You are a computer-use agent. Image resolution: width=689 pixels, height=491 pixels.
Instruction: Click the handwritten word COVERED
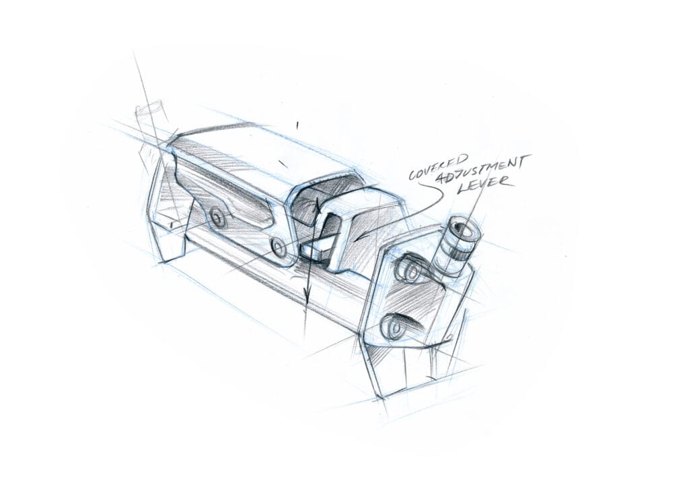click(439, 166)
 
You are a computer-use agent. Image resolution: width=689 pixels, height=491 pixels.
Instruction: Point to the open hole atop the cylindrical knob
click(464, 230)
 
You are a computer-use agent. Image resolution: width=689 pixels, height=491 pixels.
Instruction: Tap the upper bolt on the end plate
click(408, 269)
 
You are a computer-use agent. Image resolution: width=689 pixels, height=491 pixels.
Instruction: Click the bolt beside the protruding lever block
click(279, 248)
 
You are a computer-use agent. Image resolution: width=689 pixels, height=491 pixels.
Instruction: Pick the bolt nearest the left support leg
click(217, 216)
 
